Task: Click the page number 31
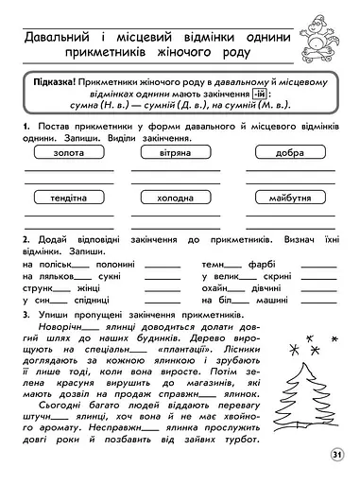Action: point(337,456)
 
